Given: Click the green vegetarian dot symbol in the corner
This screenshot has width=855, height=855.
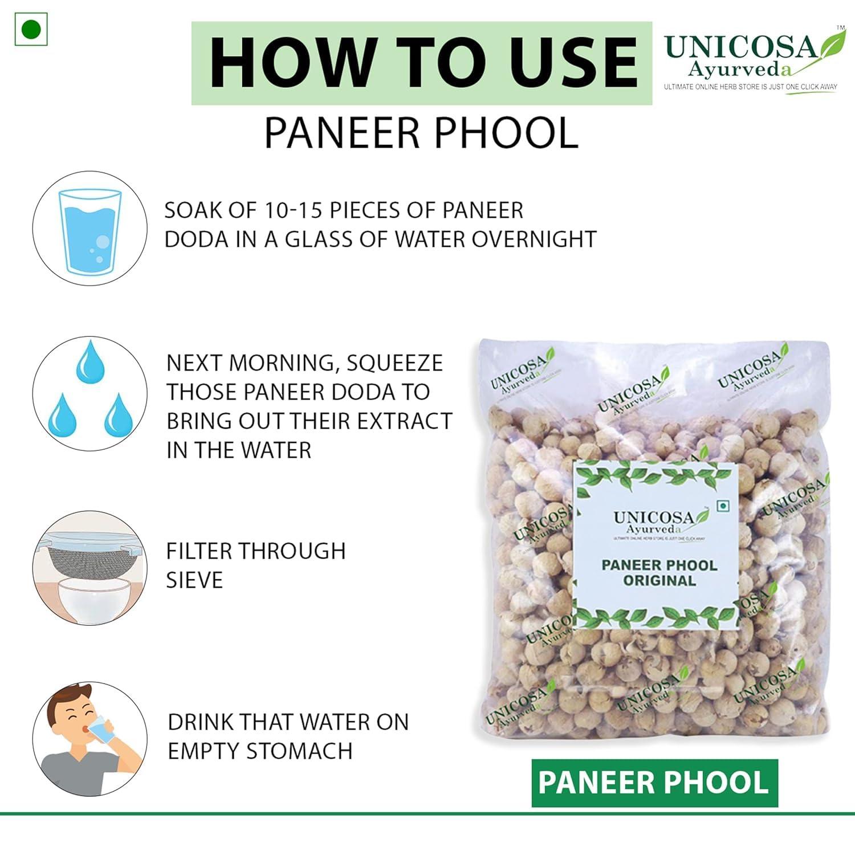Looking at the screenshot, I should pos(31,29).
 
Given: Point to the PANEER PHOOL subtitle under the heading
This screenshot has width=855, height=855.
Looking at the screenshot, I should pos(421,133).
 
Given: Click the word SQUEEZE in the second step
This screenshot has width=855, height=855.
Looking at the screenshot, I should pos(394,363).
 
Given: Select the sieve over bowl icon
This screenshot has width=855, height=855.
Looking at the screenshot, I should pos(89,568).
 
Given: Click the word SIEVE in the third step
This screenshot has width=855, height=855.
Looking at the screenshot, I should pos(194,580).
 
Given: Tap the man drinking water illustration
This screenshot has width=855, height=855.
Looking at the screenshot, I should pos(89,738).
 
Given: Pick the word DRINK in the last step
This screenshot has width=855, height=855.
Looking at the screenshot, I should pos(201,722).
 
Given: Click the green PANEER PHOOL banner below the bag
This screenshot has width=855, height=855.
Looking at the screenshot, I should pos(654,783).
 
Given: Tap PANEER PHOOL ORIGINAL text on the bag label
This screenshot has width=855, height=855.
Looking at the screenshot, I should pos(659,573).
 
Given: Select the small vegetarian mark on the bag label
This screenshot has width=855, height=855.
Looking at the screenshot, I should pos(723,506).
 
